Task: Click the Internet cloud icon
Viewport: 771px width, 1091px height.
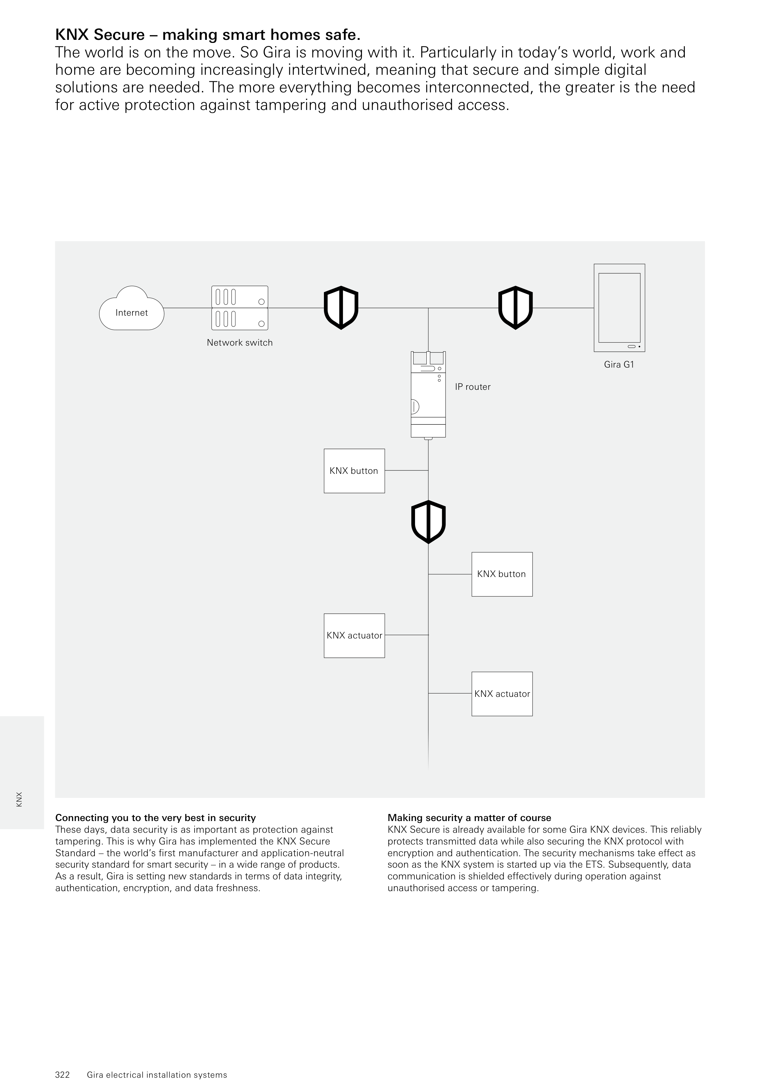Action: point(132,309)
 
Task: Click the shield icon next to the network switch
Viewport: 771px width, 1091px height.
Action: point(341,308)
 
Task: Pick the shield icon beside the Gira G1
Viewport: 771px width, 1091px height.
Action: point(515,308)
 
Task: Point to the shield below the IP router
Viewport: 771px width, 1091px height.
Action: point(429,522)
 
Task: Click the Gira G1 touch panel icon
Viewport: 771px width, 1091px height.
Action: point(619,308)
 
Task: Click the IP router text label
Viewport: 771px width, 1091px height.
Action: point(473,387)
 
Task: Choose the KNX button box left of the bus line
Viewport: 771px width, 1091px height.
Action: point(354,471)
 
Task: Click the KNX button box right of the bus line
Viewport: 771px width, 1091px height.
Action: point(502,574)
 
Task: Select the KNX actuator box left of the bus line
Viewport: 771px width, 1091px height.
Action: point(354,635)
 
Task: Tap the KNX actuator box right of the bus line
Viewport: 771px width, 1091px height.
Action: point(502,694)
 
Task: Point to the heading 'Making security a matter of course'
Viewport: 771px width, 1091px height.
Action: point(469,818)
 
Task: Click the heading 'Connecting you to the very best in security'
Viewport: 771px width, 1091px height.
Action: point(155,818)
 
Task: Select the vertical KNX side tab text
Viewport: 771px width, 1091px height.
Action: point(19,799)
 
